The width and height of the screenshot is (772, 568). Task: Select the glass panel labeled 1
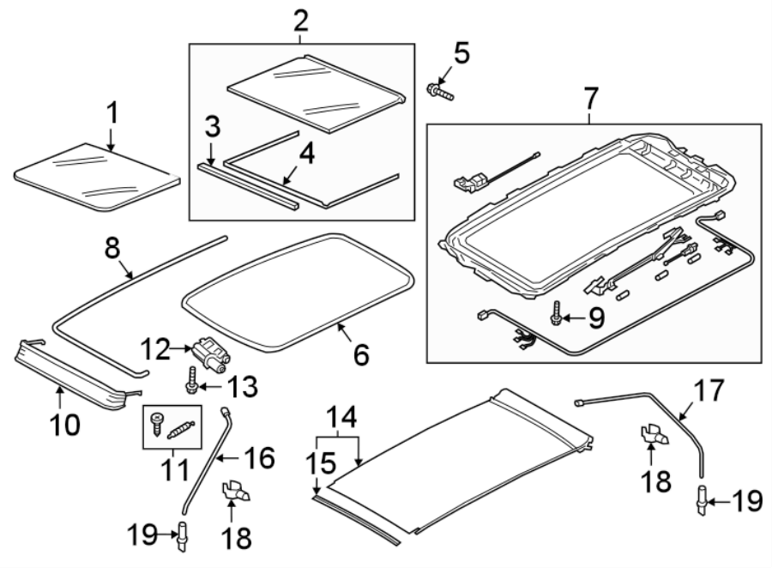(97, 176)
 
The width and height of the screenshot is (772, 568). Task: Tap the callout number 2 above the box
(299, 18)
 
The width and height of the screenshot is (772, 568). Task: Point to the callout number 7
(590, 100)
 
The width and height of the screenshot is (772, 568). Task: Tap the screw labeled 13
(191, 377)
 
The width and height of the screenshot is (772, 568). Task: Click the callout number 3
(213, 130)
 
